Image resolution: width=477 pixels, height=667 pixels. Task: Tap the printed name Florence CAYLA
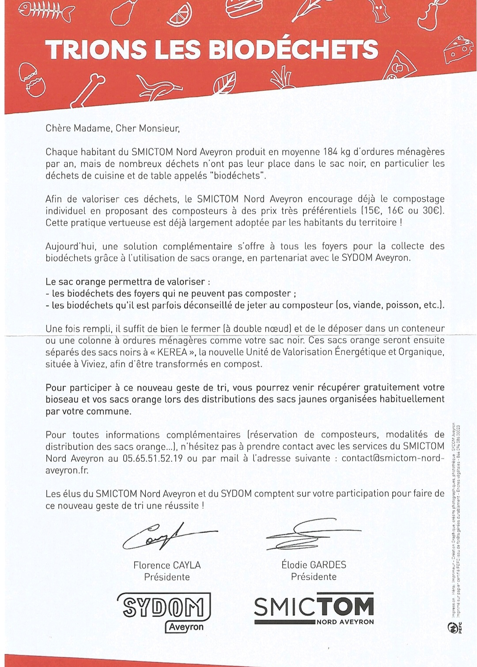pos(167,565)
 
